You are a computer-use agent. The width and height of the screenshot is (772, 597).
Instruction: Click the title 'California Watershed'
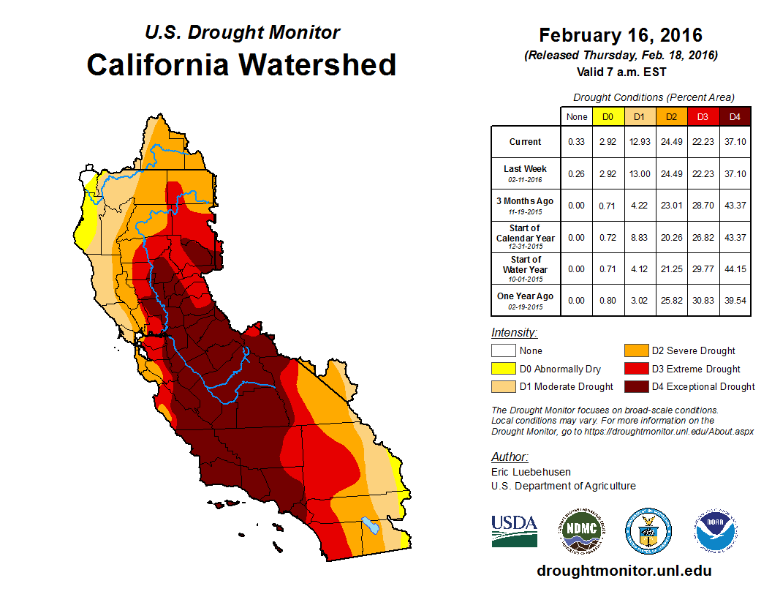coord(241,65)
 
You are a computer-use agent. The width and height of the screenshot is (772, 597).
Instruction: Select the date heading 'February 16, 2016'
coord(620,35)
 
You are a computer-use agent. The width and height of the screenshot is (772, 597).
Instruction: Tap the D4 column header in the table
coord(735,116)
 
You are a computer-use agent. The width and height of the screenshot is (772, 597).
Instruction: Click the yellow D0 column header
coord(608,116)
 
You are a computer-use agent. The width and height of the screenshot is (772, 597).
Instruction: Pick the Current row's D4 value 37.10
coord(735,142)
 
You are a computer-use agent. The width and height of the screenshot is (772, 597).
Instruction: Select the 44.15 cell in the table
coord(735,269)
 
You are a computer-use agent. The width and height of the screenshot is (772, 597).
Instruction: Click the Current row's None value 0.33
coord(576,142)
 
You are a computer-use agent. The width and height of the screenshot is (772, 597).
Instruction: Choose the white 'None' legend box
coord(503,351)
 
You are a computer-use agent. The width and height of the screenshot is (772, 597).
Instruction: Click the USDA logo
coord(514,530)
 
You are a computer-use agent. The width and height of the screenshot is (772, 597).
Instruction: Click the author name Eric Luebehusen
coord(531,472)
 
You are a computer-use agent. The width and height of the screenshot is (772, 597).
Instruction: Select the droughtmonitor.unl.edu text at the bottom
coord(624,571)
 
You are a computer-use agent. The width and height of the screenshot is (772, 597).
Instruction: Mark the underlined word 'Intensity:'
coord(514,333)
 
